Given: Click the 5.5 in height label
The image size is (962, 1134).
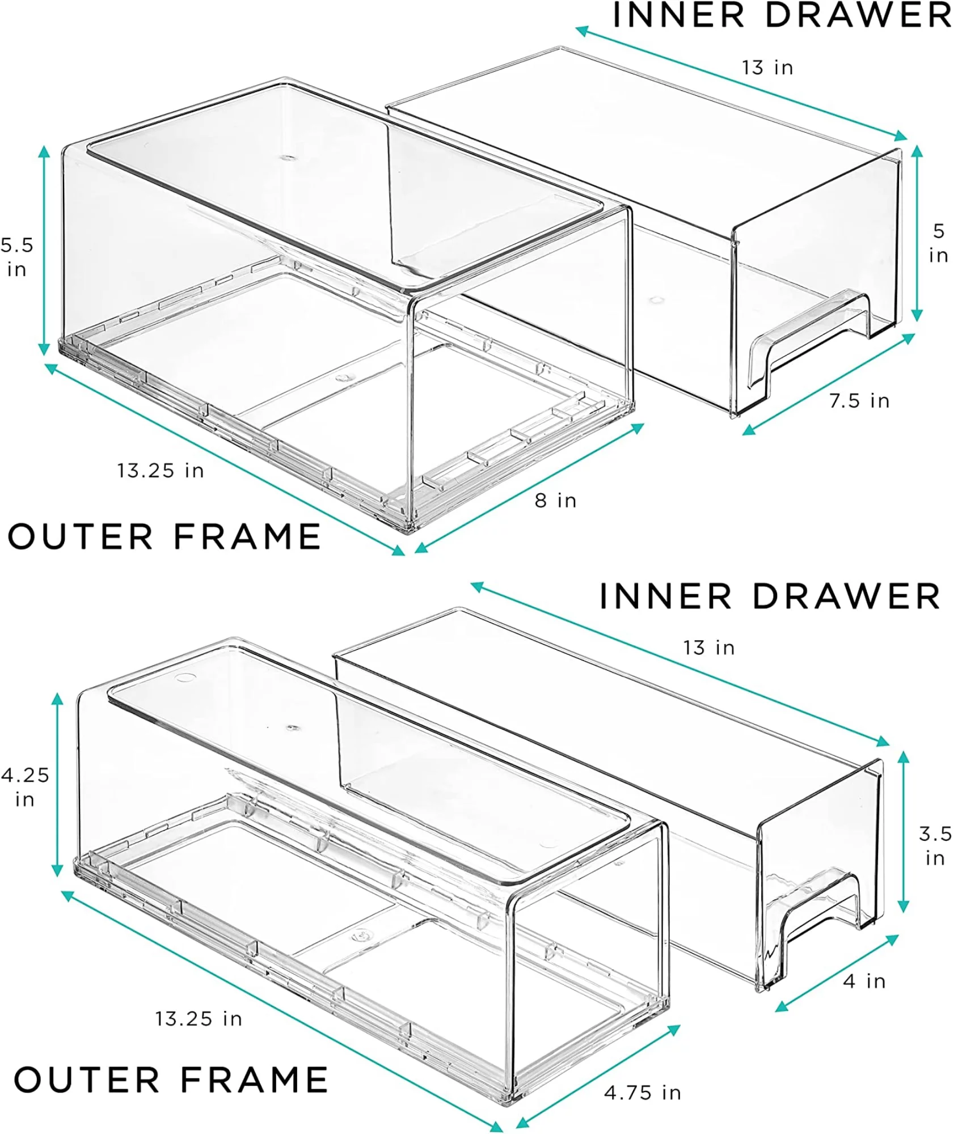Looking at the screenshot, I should (17, 257).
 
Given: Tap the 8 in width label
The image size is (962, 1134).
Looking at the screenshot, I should (555, 501).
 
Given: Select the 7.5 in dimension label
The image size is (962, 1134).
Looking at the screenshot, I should (859, 401).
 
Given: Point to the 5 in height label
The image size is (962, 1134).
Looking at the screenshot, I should (938, 243).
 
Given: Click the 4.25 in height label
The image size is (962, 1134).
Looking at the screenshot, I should (25, 787).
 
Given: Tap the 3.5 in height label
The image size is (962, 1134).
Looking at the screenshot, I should (935, 845).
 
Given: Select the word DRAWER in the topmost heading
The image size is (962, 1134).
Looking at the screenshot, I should (858, 15).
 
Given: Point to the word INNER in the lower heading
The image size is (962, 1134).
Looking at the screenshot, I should (666, 596).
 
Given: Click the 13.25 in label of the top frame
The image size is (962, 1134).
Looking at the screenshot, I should (161, 471).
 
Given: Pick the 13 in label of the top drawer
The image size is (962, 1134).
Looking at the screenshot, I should (767, 67).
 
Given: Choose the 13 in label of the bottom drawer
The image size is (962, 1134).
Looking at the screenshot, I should (709, 648).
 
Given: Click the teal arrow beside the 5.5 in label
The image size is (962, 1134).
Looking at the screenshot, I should (44, 250).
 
